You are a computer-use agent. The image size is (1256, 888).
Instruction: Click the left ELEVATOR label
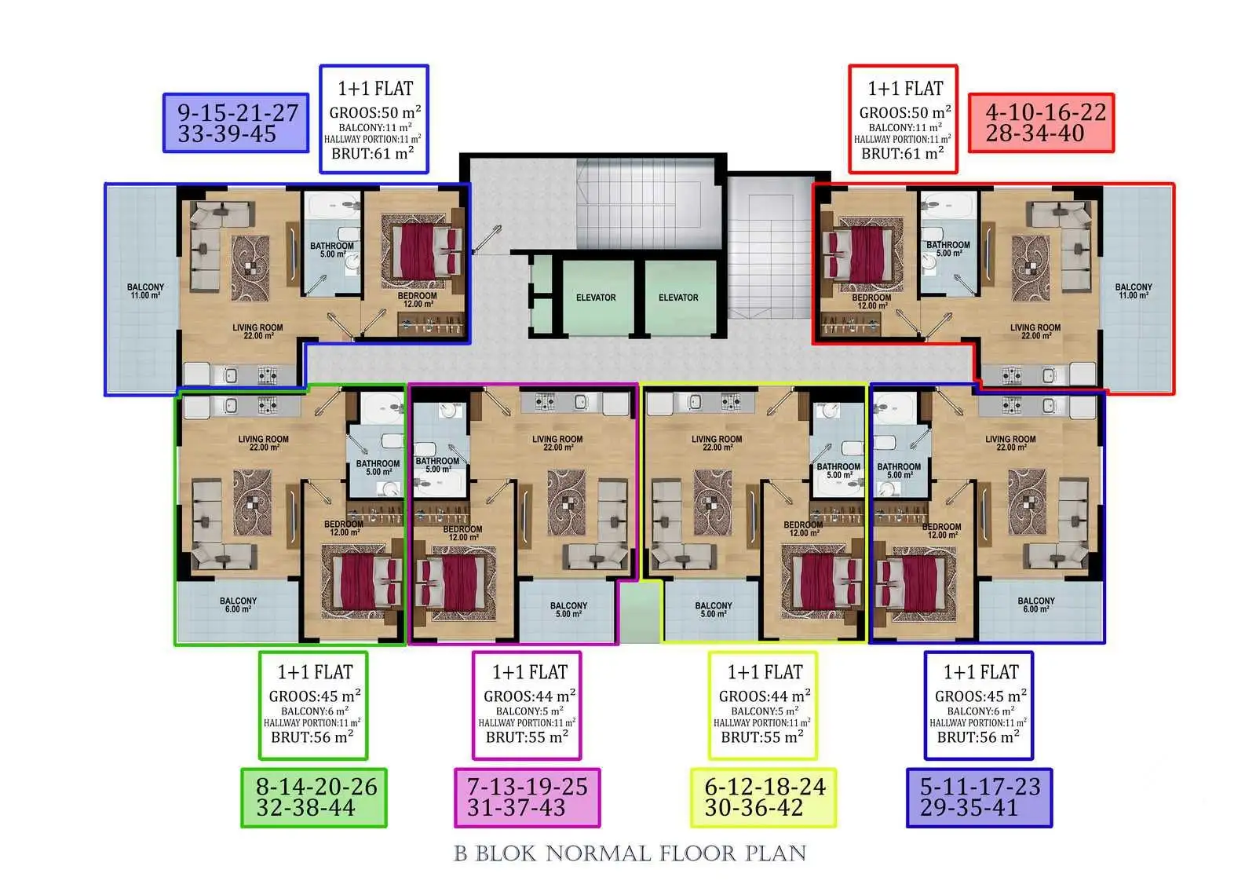click(596, 298)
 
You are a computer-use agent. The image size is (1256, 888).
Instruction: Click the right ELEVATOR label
click(678, 298)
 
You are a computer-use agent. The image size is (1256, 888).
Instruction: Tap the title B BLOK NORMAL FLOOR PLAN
click(630, 853)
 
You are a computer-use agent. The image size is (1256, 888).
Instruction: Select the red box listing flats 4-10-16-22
click(1041, 122)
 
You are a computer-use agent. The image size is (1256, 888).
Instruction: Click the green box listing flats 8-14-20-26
click(314, 798)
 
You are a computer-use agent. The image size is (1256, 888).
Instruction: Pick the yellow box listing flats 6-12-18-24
click(764, 798)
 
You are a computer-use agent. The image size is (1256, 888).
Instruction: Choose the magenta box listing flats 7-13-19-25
click(528, 798)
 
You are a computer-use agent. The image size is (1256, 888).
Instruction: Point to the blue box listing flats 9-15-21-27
click(236, 122)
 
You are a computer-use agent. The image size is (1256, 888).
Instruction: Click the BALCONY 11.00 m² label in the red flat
click(1134, 291)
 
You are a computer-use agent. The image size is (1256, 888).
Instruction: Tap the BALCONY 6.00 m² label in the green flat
click(239, 605)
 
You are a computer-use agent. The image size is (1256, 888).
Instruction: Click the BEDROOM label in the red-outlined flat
click(872, 301)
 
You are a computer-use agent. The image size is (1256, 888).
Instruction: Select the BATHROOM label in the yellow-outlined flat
click(838, 470)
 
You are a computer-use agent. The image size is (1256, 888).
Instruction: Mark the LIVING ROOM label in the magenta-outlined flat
click(557, 443)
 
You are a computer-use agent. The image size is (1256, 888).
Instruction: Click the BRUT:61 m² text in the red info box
click(903, 153)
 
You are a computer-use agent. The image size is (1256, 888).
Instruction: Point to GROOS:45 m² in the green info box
click(315, 696)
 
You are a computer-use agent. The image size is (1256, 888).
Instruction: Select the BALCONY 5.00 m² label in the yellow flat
click(714, 610)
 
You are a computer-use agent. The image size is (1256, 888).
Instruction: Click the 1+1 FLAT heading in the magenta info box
click(530, 672)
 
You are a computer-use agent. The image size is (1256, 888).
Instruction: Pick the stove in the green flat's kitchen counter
click(267, 404)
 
